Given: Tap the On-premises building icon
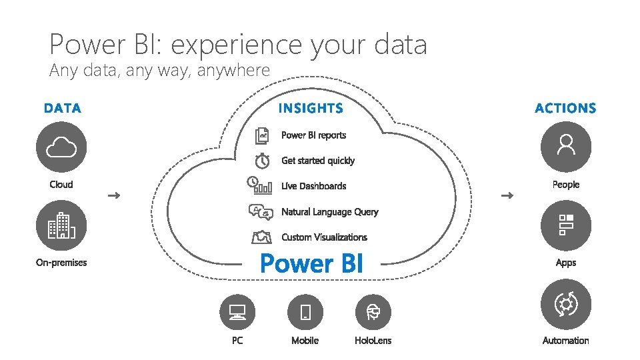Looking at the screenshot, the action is click(61, 226).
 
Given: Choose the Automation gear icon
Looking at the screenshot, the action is click(566, 305).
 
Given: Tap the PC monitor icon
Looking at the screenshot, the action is click(237, 311).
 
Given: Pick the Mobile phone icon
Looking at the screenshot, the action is click(305, 311).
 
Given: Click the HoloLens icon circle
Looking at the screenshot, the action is click(373, 311).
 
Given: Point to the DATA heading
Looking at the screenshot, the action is click(63, 108).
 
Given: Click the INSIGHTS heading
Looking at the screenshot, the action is click(311, 108).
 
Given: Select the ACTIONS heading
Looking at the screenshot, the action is click(565, 108).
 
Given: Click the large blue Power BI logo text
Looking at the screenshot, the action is click(311, 264).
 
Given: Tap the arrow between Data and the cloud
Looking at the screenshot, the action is click(113, 195).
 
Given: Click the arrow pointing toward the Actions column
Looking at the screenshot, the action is click(507, 195).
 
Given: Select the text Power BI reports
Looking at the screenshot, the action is click(313, 135).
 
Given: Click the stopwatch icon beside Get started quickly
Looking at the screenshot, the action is click(263, 161).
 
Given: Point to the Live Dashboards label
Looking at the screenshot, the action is click(313, 186).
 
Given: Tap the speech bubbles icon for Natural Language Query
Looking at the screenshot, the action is click(261, 212).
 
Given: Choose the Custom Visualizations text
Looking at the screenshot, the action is click(324, 237).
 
